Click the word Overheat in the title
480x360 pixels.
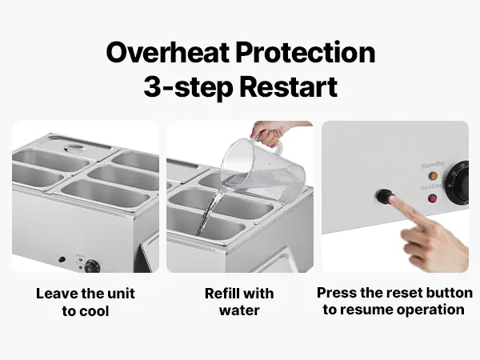(x=167, y=52)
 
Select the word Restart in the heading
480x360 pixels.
(x=288, y=86)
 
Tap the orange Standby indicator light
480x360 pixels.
(x=433, y=176)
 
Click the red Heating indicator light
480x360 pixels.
(x=432, y=198)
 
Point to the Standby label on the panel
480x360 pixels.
(x=432, y=165)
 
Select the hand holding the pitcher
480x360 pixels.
(x=270, y=132)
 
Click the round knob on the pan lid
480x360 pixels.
(x=74, y=149)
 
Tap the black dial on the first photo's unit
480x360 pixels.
(x=91, y=266)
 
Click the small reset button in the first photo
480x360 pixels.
(x=62, y=259)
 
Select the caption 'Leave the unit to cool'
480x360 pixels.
(x=86, y=302)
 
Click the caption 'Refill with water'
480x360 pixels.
(x=239, y=302)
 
